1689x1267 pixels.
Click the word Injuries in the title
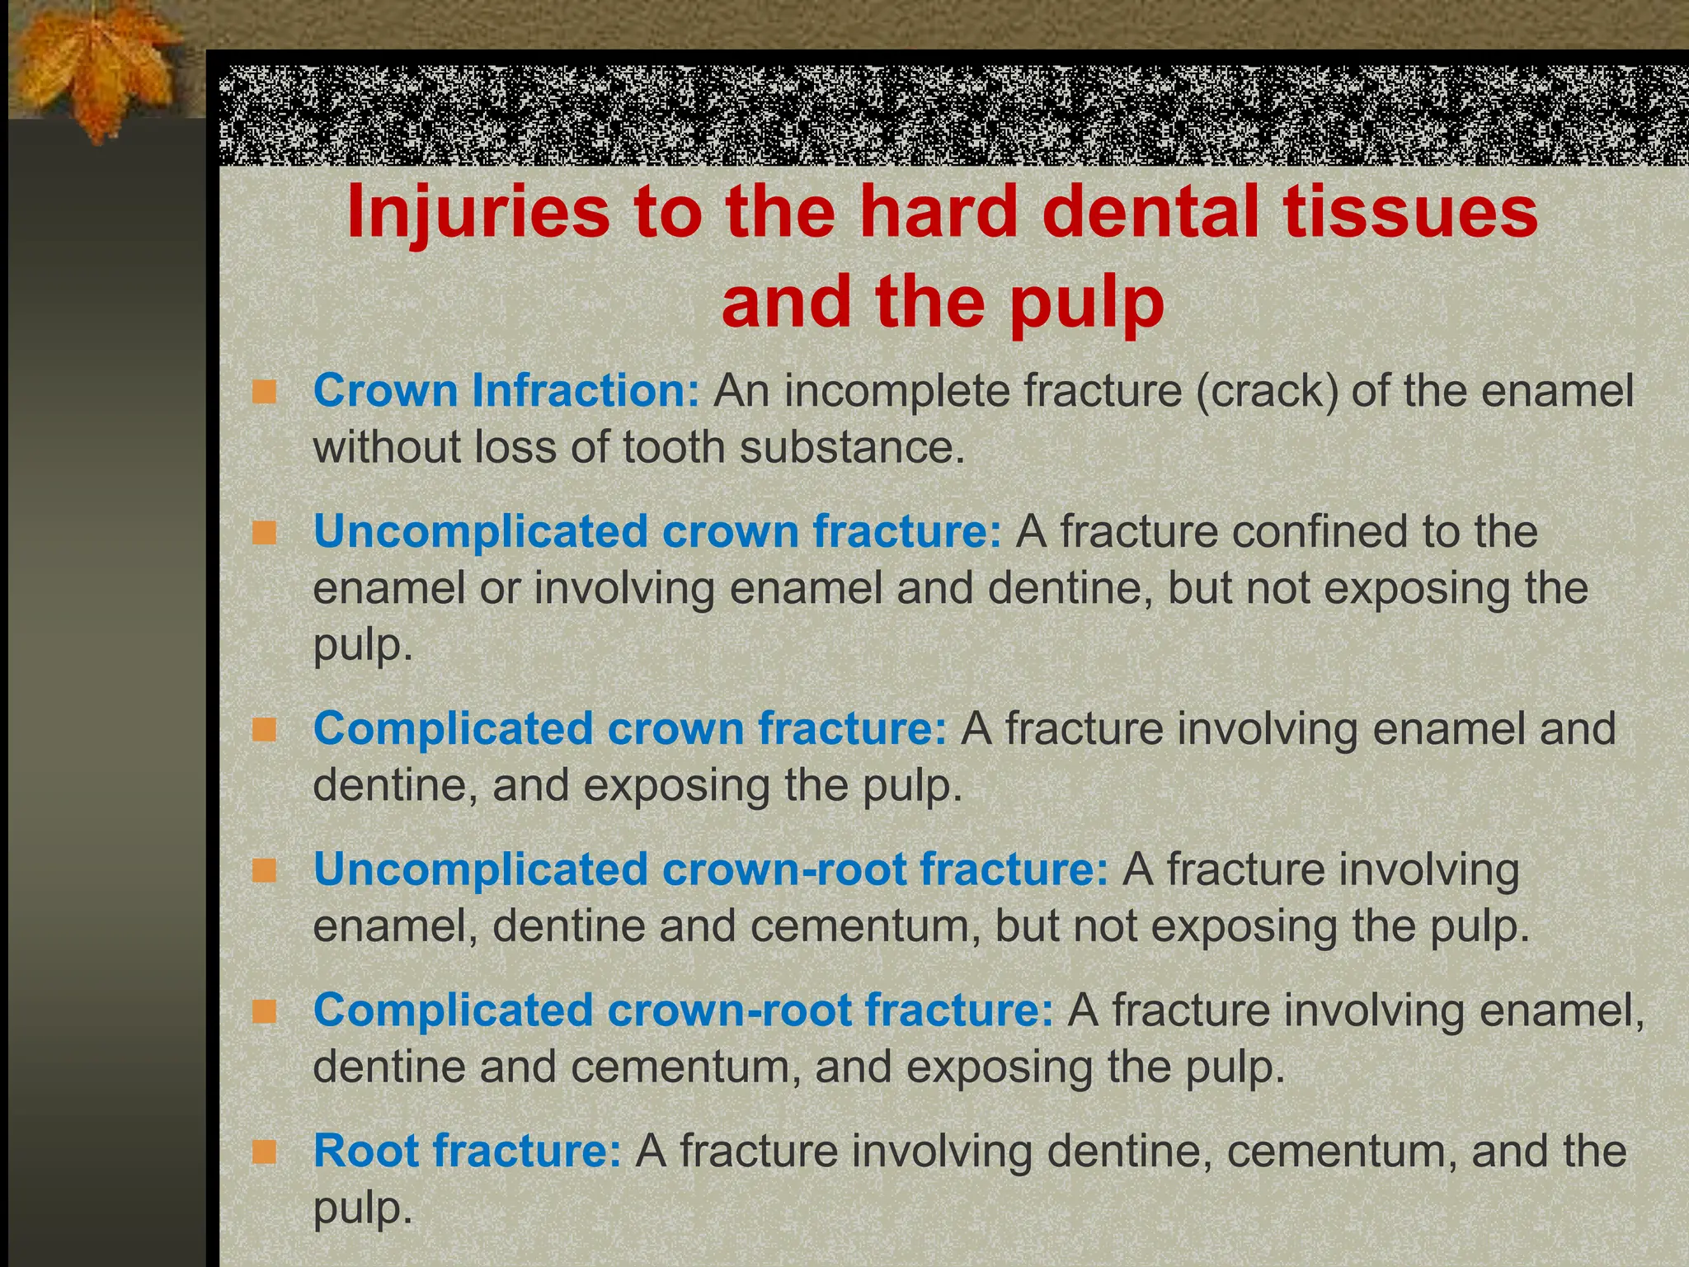478,212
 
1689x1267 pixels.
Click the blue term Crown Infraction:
506,390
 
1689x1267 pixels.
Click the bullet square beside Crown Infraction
265,392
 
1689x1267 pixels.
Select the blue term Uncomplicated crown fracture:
657,531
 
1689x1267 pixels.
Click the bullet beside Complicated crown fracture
265,730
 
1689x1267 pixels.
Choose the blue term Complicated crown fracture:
630,728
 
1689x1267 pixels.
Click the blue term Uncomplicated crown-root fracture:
711,869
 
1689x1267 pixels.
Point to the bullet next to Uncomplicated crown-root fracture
265,871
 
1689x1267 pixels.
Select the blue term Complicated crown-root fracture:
683,1010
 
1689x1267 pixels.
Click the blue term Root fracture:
467,1151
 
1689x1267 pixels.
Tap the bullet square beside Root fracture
265,1152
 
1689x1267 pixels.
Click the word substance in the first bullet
851,447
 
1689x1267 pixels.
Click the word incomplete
896,390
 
